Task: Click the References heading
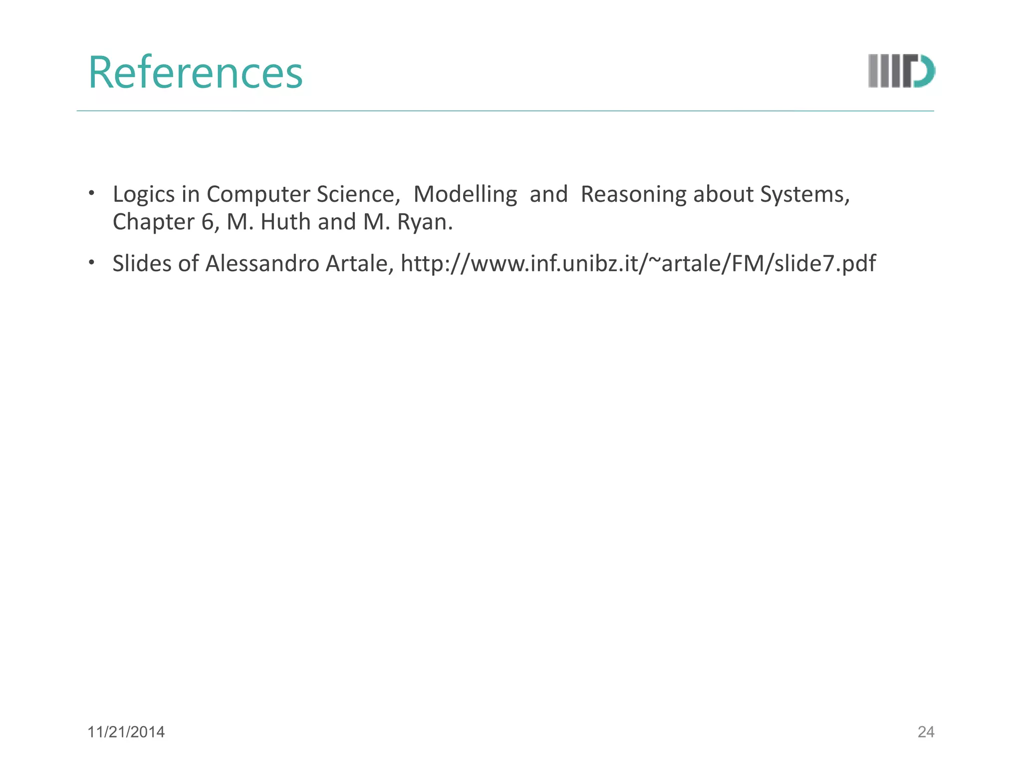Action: pyautogui.click(x=195, y=73)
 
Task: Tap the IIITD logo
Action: pyautogui.click(x=901, y=71)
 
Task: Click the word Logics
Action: pyautogui.click(x=144, y=194)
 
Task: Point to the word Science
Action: pyautogui.click(x=358, y=194)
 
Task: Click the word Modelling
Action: pyautogui.click(x=465, y=194)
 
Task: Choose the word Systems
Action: pyautogui.click(x=804, y=194)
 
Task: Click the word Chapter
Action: pyautogui.click(x=153, y=222)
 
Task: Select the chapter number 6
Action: pyautogui.click(x=208, y=222)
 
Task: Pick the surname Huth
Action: pyautogui.click(x=285, y=222)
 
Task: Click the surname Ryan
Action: pyautogui.click(x=424, y=222)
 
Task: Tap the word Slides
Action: pyautogui.click(x=142, y=264)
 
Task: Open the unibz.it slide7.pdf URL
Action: pyautogui.click(x=638, y=264)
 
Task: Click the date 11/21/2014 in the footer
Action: pyautogui.click(x=126, y=732)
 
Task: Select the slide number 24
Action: pyautogui.click(x=926, y=732)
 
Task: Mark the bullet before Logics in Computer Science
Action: pyautogui.click(x=91, y=193)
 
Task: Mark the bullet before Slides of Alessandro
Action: pyautogui.click(x=91, y=263)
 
